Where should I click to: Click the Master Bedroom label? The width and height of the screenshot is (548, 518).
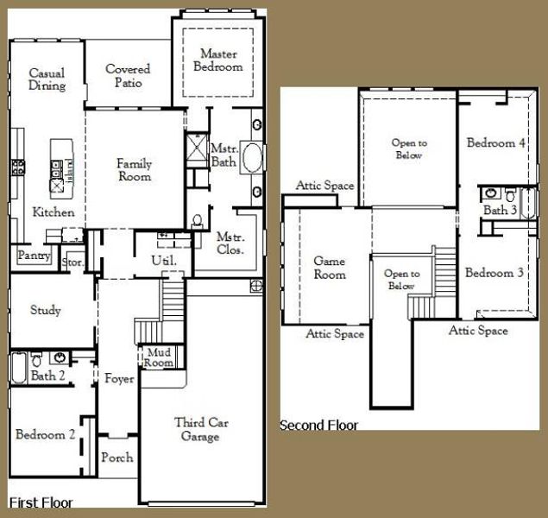click(x=218, y=60)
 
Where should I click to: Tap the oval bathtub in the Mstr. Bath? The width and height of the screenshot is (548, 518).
click(x=252, y=157)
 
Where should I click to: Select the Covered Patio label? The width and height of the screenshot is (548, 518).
click(x=128, y=75)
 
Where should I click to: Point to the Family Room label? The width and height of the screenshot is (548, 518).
click(x=135, y=170)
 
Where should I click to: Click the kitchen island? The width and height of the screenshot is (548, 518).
click(x=62, y=169)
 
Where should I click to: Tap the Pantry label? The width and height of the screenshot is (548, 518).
click(x=34, y=256)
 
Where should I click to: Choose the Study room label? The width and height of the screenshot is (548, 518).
click(x=46, y=310)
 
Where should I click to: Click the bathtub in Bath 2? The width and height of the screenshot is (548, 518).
click(x=18, y=368)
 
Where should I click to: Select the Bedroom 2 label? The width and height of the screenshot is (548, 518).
click(x=46, y=434)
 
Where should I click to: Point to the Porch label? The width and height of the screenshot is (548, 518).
click(x=117, y=458)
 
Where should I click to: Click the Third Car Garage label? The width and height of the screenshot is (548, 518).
click(x=201, y=429)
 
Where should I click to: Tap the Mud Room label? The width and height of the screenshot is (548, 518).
click(x=159, y=357)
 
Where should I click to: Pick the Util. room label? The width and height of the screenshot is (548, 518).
click(x=164, y=261)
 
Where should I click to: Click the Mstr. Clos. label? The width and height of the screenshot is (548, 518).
click(x=230, y=243)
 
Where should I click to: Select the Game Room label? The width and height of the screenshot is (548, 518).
click(x=330, y=268)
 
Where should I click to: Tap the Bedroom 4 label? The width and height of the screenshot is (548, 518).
click(x=496, y=142)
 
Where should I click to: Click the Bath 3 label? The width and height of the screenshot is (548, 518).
click(x=501, y=210)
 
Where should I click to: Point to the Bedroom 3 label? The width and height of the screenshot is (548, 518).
click(x=494, y=273)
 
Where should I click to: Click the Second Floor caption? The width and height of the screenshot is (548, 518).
click(x=318, y=426)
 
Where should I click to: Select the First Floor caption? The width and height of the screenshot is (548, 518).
click(x=41, y=502)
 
